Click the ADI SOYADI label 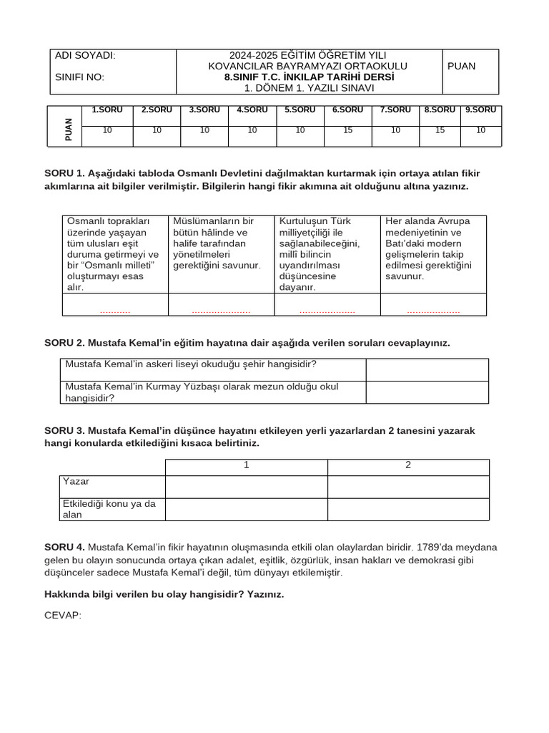(x=85, y=56)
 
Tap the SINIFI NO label (x=79, y=77)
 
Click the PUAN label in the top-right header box (x=461, y=66)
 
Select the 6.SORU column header (x=347, y=110)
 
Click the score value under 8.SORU (x=440, y=130)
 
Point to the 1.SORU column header (x=107, y=110)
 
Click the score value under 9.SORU (x=480, y=130)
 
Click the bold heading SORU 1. (x=64, y=174)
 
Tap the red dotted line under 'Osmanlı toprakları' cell (x=115, y=312)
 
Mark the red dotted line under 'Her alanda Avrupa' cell (x=433, y=312)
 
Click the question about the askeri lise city (x=191, y=364)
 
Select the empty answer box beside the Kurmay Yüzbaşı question (x=427, y=392)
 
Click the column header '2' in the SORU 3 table (x=408, y=465)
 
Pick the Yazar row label (x=76, y=481)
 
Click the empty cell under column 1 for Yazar (x=246, y=487)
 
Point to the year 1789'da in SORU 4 (x=435, y=548)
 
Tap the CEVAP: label (x=63, y=614)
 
